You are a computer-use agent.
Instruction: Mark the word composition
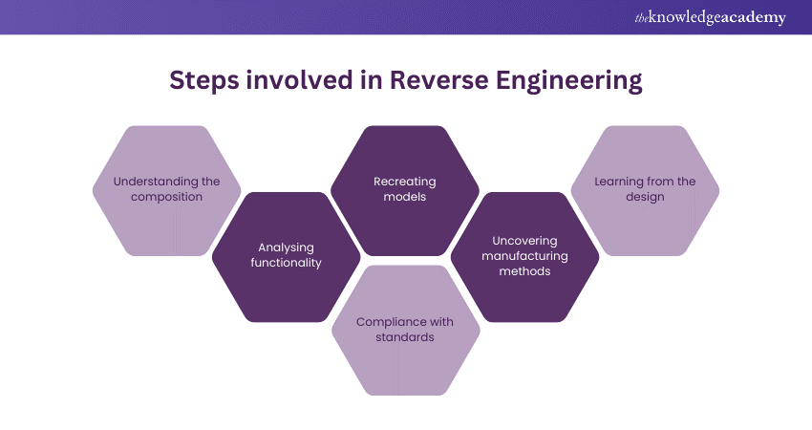tap(167, 197)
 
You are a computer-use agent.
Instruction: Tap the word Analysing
tap(287, 247)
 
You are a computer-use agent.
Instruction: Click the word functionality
tap(287, 262)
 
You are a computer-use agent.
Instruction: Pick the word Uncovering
tap(524, 241)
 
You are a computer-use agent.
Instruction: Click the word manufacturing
tap(524, 256)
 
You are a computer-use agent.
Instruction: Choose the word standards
tap(406, 337)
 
